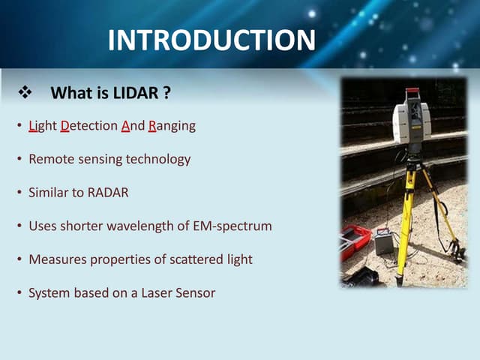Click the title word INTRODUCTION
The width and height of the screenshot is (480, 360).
coord(211,40)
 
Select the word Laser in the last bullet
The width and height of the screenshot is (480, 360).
coord(154,292)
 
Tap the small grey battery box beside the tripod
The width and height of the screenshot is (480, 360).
coord(385,241)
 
